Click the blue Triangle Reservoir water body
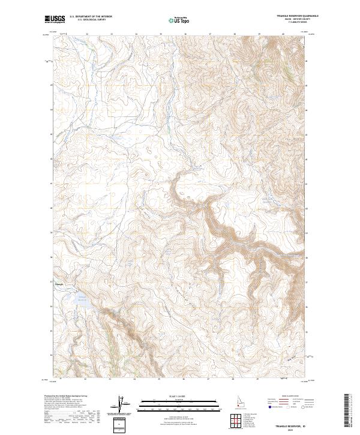84,304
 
